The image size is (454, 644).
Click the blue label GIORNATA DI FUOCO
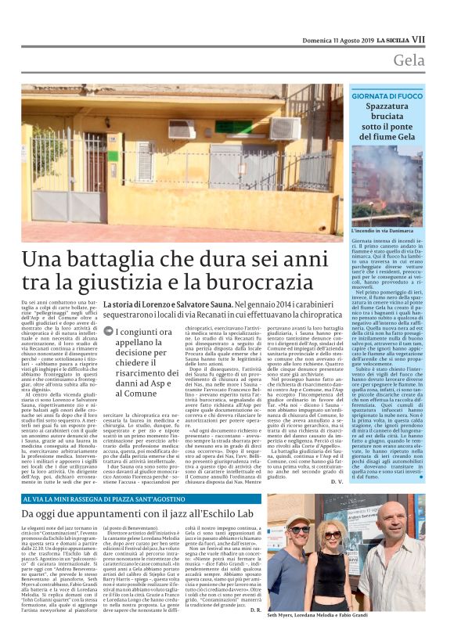coord(388,95)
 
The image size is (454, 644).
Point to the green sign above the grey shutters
coord(234,127)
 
